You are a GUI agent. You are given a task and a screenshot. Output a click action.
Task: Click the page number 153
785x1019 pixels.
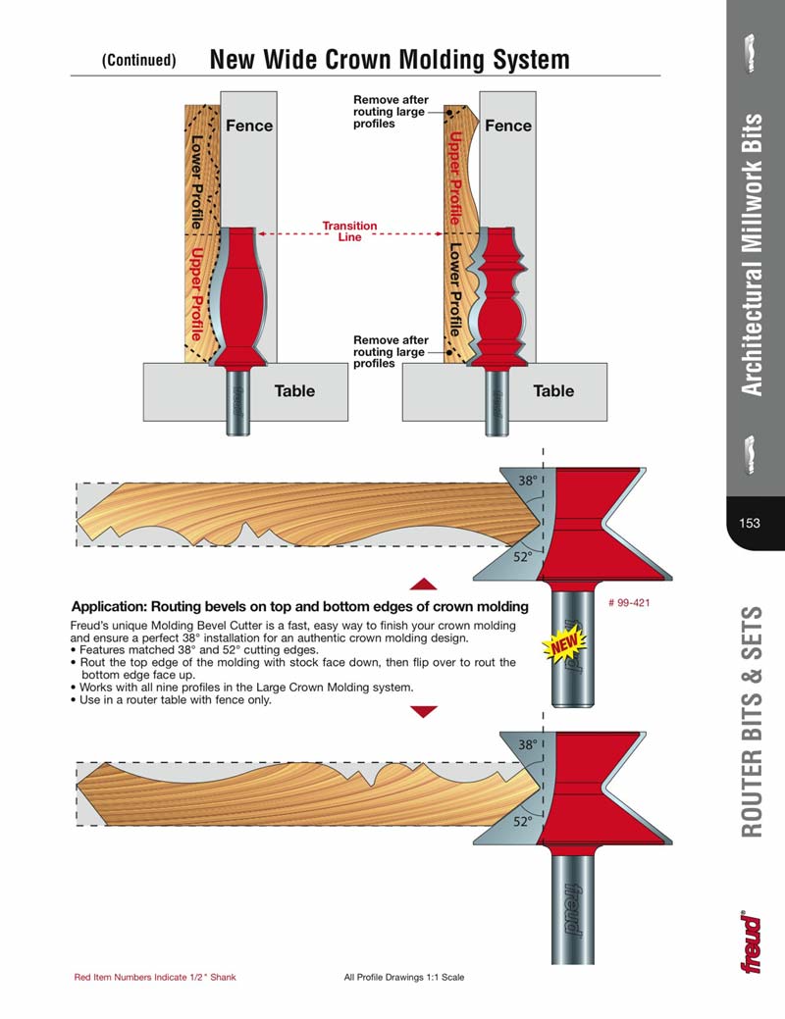click(750, 523)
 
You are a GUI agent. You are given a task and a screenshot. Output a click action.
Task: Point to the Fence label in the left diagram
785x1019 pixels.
click(249, 126)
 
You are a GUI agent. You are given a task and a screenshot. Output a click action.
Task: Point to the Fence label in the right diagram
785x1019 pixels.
click(508, 126)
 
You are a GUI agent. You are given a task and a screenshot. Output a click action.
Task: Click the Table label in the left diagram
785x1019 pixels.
click(294, 390)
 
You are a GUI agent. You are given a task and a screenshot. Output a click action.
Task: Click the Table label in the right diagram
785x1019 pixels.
click(553, 390)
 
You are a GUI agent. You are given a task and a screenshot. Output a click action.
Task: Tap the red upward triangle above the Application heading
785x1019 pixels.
click(423, 584)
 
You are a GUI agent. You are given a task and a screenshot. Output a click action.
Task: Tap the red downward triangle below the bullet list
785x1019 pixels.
click(423, 711)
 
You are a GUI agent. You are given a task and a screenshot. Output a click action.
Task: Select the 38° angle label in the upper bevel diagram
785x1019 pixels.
click(529, 481)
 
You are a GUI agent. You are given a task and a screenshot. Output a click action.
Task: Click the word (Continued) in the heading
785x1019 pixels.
click(139, 60)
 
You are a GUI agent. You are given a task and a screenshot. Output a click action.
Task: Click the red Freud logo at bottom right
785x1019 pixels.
click(751, 942)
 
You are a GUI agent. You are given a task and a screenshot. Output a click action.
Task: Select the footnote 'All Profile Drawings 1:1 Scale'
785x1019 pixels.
click(404, 978)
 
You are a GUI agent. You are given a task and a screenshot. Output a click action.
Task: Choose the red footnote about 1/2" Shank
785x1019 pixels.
click(155, 978)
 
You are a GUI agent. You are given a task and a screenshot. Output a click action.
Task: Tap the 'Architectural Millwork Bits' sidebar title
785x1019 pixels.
click(752, 255)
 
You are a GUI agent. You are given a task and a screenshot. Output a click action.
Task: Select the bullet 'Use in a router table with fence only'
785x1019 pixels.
click(176, 699)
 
